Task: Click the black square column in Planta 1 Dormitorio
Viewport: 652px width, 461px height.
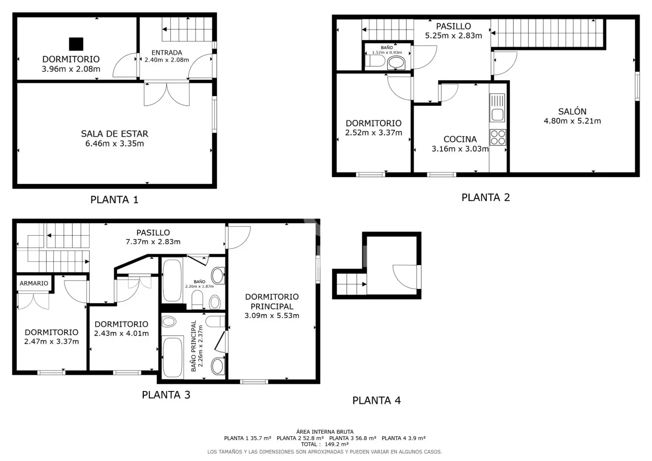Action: tap(76, 44)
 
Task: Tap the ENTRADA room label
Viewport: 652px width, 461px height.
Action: tap(167, 52)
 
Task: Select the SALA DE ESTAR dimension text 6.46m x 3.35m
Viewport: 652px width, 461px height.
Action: tap(115, 143)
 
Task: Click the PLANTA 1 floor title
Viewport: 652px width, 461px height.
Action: tap(114, 200)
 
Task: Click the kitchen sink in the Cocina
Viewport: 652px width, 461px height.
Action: tap(497, 108)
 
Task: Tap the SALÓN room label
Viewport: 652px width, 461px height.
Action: tap(572, 111)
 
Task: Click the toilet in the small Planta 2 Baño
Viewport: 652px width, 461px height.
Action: tap(375, 61)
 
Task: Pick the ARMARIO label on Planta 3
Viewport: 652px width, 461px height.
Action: tap(34, 283)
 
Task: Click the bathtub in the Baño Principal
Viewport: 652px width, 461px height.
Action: tap(172, 357)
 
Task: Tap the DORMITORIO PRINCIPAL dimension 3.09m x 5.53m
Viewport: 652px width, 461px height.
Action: tap(272, 315)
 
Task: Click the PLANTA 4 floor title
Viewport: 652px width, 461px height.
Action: tap(376, 400)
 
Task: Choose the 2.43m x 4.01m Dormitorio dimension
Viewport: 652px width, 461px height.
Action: tap(121, 333)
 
